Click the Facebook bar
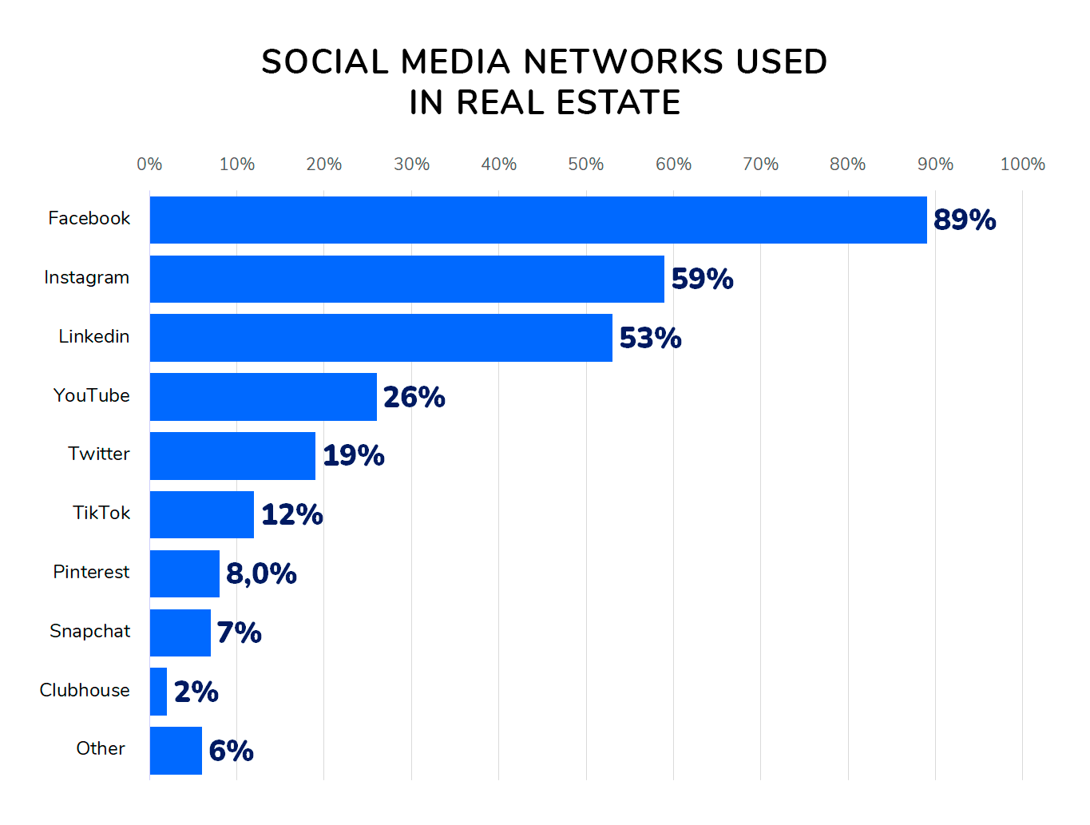[x=538, y=220]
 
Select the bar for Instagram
[x=407, y=279]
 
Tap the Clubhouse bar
[x=158, y=692]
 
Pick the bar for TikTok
[x=202, y=514]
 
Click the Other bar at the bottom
[x=176, y=750]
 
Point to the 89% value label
[x=964, y=220]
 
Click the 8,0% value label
[x=261, y=573]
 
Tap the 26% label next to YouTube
[x=414, y=397]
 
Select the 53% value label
[x=650, y=338]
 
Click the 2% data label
[x=196, y=692]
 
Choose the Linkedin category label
[x=93, y=336]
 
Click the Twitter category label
[x=98, y=454]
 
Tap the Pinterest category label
[x=91, y=572]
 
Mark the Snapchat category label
[x=89, y=631]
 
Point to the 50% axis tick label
[x=585, y=164]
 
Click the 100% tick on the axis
[x=1022, y=164]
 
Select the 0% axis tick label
[x=149, y=164]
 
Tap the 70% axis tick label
[x=760, y=164]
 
